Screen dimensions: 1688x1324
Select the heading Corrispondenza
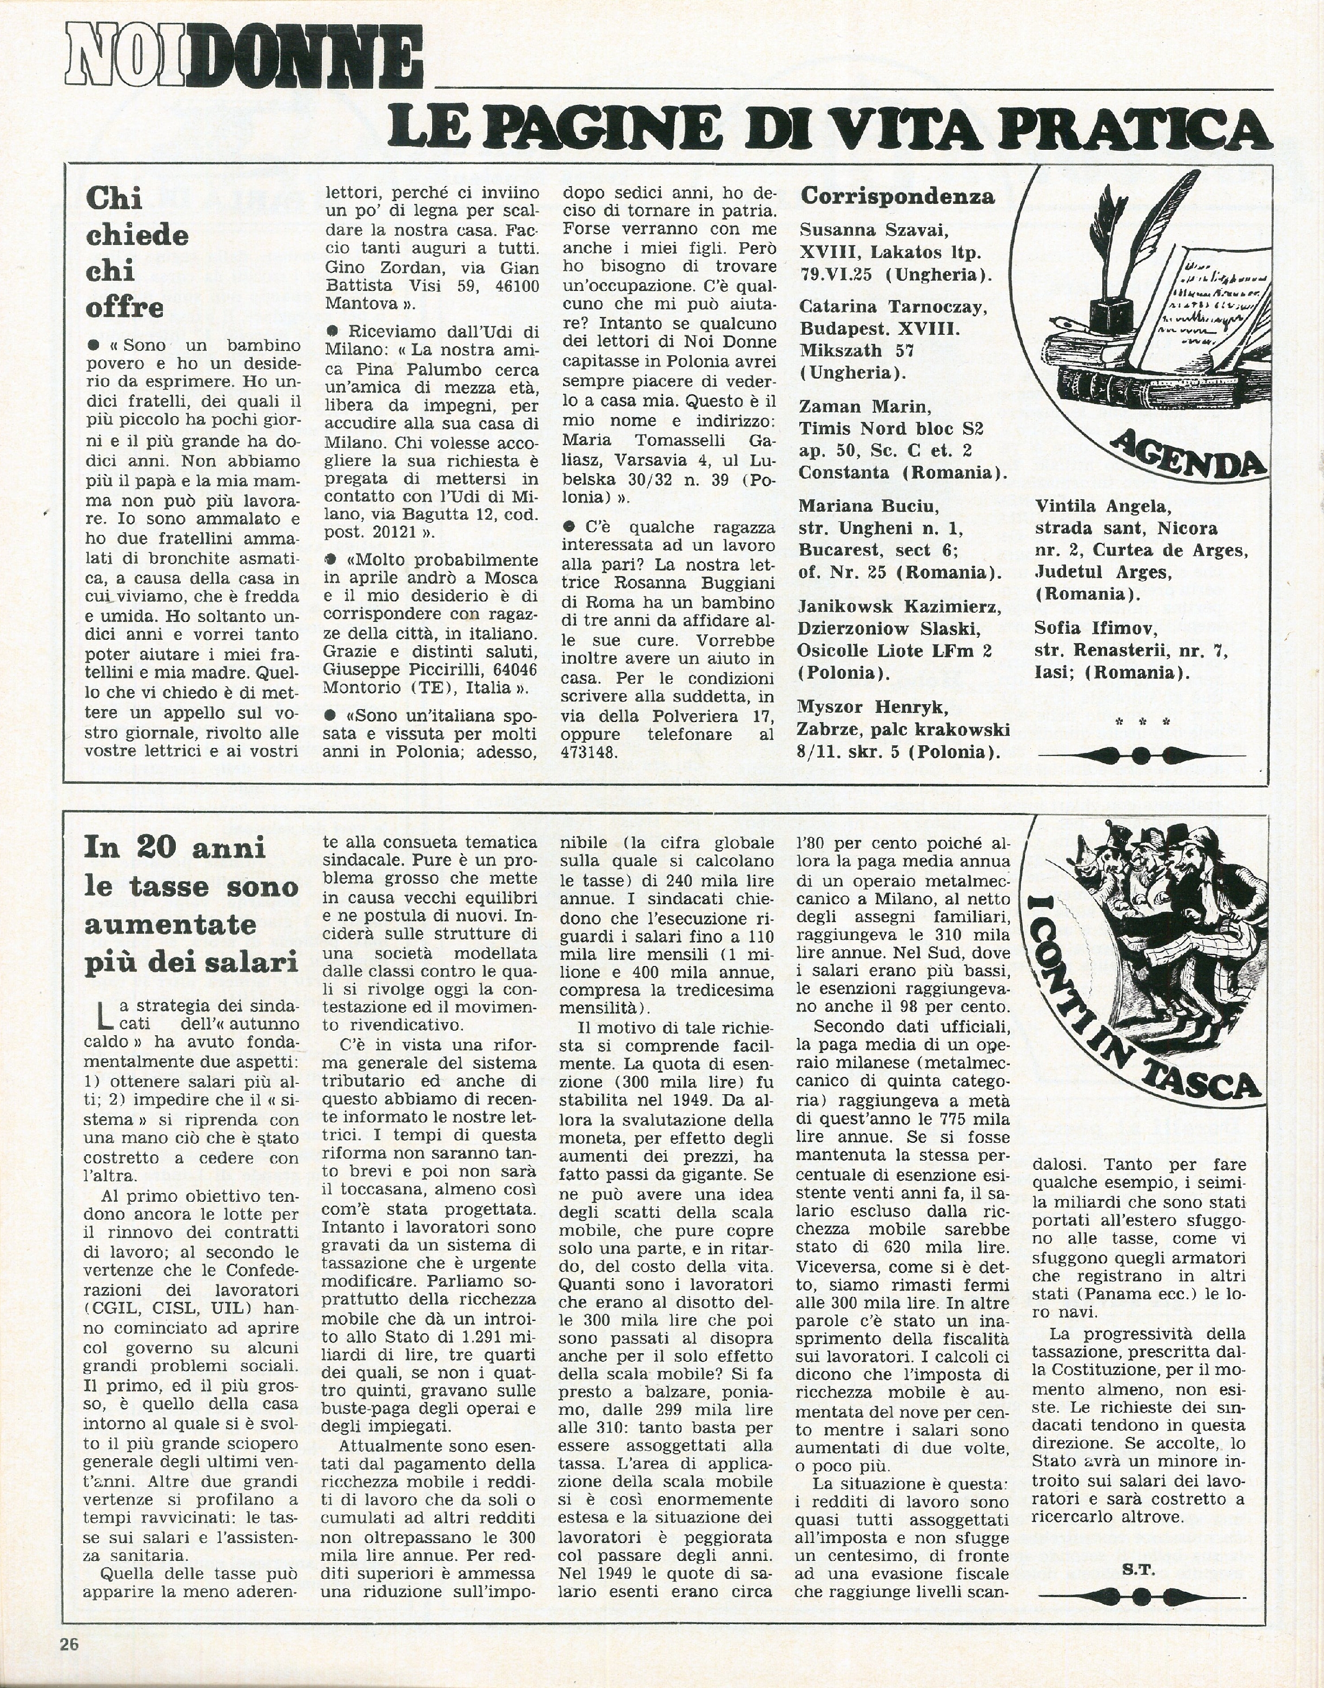click(897, 197)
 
